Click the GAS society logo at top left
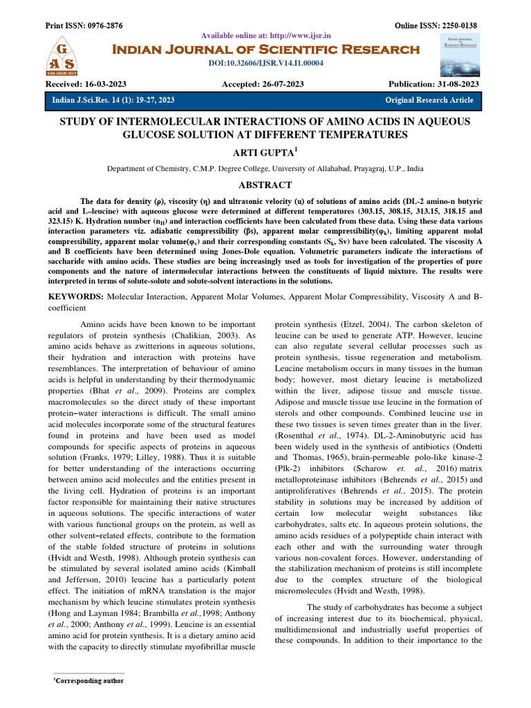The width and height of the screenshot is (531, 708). [64, 56]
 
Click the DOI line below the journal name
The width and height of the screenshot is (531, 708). [265, 63]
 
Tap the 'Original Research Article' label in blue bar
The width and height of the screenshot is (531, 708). [429, 100]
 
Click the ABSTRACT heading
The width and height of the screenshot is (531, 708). [265, 185]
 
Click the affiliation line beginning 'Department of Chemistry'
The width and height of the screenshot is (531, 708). [265, 168]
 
